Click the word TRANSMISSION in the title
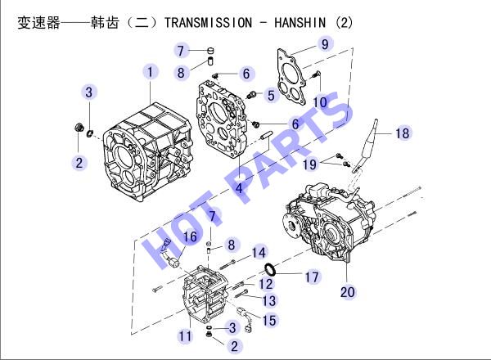point(208,23)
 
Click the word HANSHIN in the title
point(300,23)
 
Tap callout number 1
point(151,72)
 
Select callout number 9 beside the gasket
point(325,44)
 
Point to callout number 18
point(403,133)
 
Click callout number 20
point(348,292)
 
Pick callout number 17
point(312,277)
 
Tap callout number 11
point(185,336)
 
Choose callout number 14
point(259,253)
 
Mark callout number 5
point(271,96)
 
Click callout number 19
point(309,164)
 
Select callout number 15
point(269,321)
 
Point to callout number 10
point(320,102)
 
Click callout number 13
point(269,301)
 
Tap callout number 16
point(190,237)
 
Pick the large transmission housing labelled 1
point(147,152)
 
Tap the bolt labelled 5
point(251,95)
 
